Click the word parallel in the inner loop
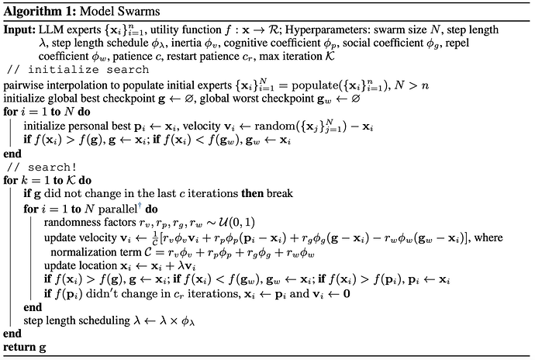click(112, 208)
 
